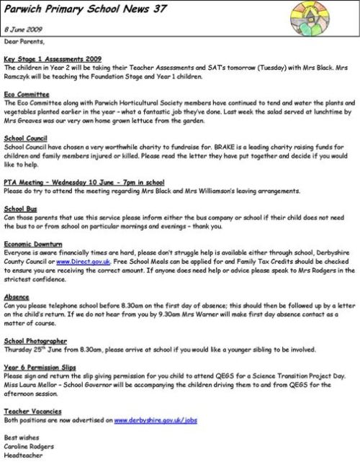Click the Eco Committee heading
coord(27,94)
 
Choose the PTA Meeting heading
coord(84,183)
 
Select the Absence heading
coord(17,296)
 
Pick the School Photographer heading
coord(35,341)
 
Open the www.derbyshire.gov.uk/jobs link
coord(156,419)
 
